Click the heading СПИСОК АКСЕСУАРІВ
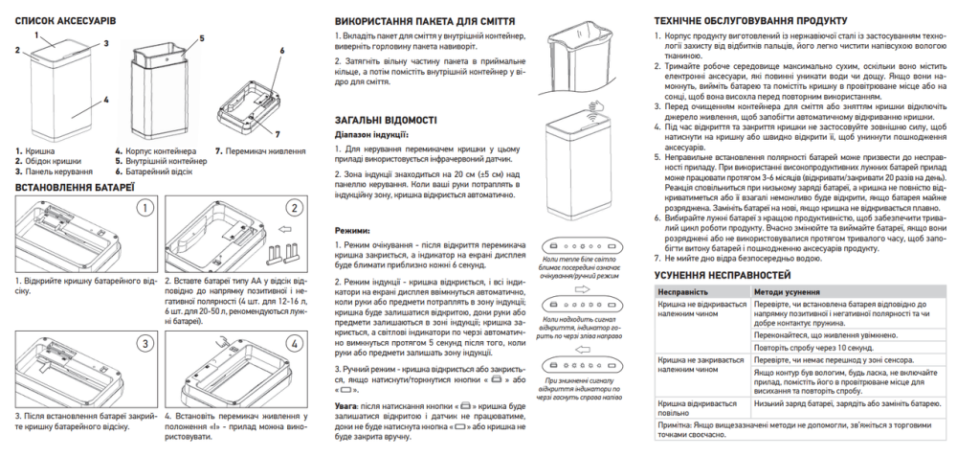(59, 19)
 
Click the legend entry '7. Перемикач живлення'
(255, 150)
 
